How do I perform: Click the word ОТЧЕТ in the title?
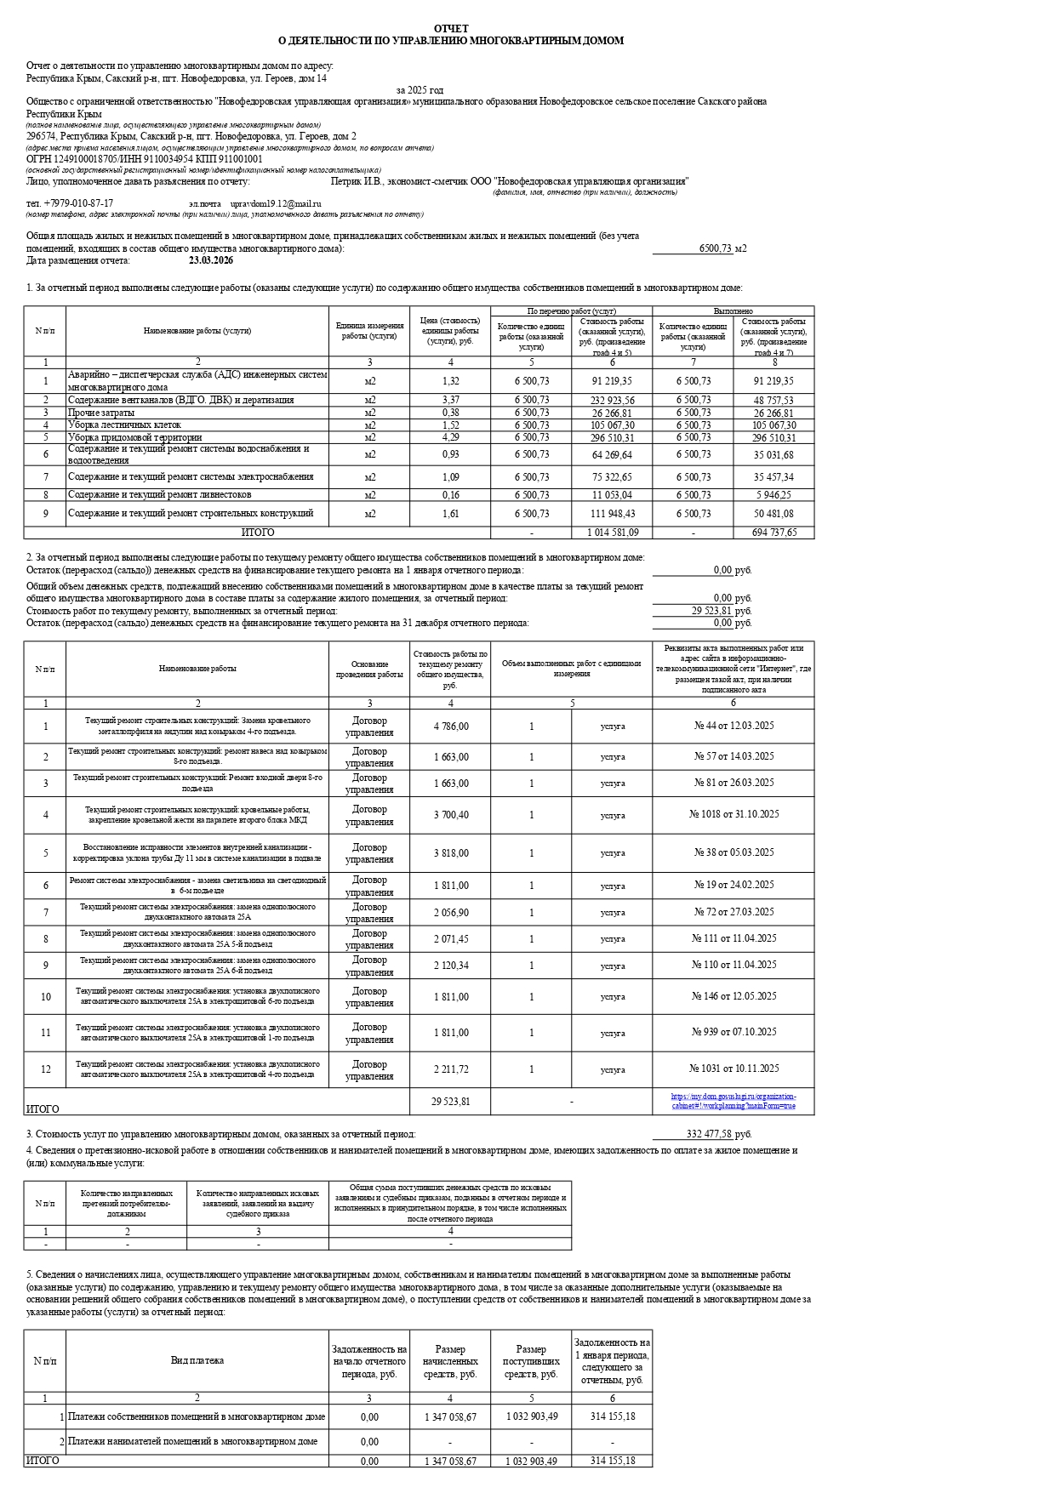point(450,29)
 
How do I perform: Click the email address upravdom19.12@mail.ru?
point(276,204)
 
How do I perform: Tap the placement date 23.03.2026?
point(211,261)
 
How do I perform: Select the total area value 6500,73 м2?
point(722,248)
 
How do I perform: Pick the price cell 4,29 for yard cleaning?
point(450,437)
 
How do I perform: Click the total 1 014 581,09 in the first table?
point(612,533)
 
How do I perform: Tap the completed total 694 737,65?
point(773,533)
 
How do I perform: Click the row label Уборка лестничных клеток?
point(124,425)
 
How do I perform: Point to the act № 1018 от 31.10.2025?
point(733,814)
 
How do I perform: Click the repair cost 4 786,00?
point(450,727)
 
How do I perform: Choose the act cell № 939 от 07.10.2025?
point(733,1032)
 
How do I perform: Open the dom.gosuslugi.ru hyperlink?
point(733,1101)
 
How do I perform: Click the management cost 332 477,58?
point(709,1134)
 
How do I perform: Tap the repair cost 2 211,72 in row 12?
point(450,1068)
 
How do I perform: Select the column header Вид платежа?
point(197,1360)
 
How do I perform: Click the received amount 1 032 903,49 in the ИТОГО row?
point(531,1461)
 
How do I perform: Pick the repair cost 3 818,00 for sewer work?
point(450,853)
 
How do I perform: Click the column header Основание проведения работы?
point(369,669)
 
